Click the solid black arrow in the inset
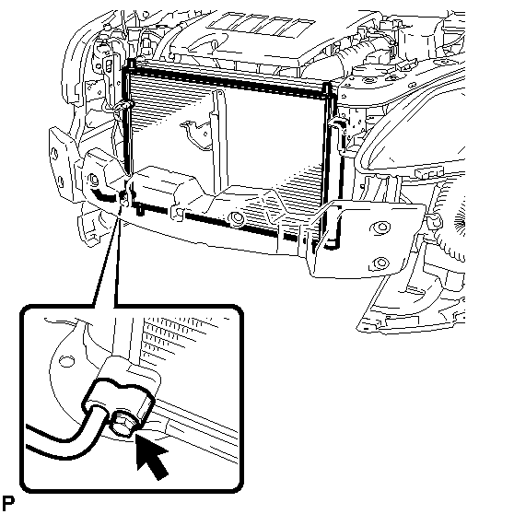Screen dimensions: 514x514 pyautogui.click(x=152, y=457)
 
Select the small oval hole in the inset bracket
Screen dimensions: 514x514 pyautogui.click(x=66, y=361)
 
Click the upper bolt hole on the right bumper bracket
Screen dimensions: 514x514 pyautogui.click(x=380, y=228)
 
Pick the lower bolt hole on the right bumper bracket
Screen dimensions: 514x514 pyautogui.click(x=380, y=262)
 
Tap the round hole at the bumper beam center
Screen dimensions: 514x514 pyautogui.click(x=236, y=217)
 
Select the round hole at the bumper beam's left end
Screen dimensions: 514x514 pyautogui.click(x=94, y=181)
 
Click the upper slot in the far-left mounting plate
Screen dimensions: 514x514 pyautogui.click(x=54, y=154)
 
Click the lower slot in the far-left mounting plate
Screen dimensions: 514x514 pyautogui.click(x=60, y=181)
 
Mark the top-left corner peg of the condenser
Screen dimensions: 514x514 pyautogui.click(x=131, y=64)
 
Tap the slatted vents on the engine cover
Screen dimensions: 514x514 pyautogui.click(x=262, y=25)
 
